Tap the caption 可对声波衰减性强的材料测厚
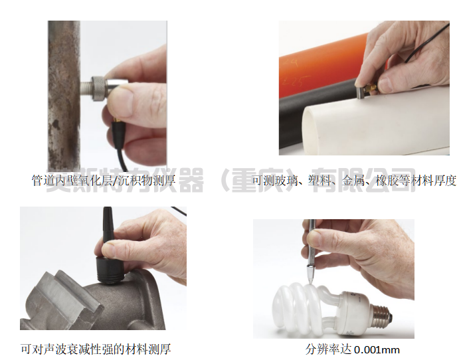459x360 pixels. (x=96, y=349)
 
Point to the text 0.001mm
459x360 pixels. (x=377, y=349)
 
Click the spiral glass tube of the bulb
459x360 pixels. (x=302, y=309)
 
